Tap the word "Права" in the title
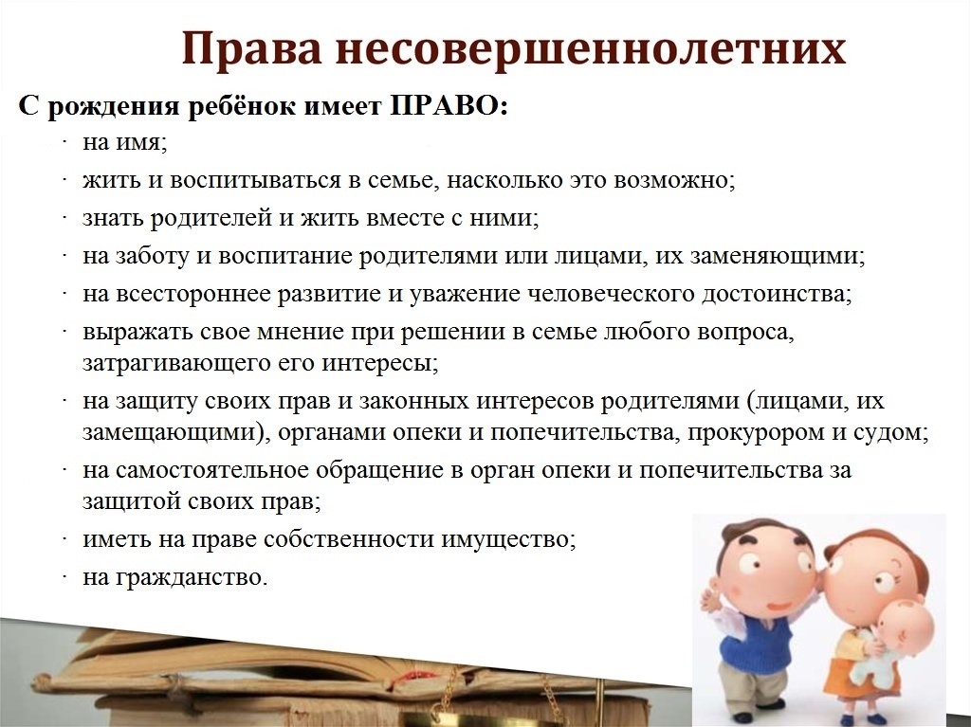point(251,49)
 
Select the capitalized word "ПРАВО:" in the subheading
point(449,106)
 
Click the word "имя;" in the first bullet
point(142,143)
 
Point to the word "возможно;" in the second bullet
point(674,180)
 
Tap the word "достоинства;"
point(778,294)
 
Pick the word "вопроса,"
point(745,332)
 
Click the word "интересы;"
point(380,362)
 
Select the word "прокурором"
point(756,431)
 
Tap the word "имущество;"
point(508,539)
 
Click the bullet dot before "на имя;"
point(64,143)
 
